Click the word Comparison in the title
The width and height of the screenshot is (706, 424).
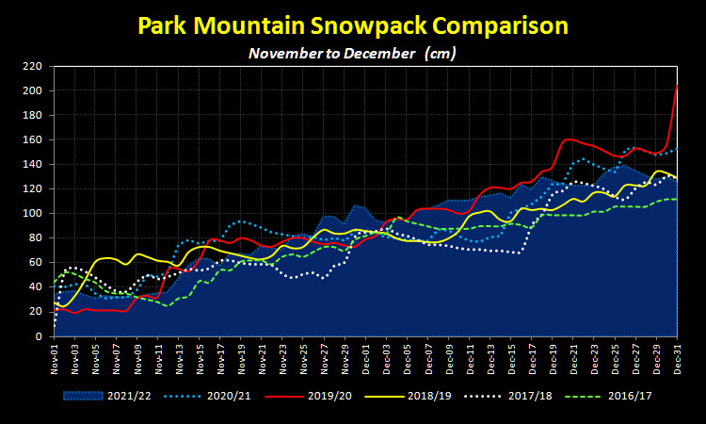click(500, 26)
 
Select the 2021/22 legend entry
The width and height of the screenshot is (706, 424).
click(106, 396)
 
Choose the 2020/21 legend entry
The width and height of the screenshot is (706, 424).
click(208, 396)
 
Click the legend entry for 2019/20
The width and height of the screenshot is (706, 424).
click(309, 396)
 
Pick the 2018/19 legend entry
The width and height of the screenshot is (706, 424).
click(408, 396)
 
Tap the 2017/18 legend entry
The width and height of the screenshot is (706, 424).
click(508, 396)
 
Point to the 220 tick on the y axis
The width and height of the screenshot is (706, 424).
click(32, 66)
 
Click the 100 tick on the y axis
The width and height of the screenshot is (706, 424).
click(32, 214)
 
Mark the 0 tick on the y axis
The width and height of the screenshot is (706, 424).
click(39, 336)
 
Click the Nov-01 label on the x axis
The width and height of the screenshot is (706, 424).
click(55, 359)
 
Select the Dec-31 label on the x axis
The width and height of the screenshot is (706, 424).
click(678, 359)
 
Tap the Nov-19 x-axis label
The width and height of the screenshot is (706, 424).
click(241, 359)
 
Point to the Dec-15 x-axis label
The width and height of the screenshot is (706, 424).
click(511, 359)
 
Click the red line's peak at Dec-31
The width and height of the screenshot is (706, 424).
click(677, 85)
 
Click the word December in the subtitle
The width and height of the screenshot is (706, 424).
click(379, 54)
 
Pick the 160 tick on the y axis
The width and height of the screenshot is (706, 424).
click(32, 140)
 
